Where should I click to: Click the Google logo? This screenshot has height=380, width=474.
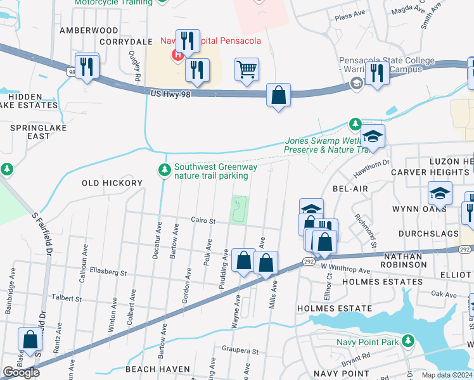pos(21,372)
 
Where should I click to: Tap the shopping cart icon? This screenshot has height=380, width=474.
pos(247,69)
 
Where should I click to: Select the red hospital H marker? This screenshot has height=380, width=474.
pos(177,55)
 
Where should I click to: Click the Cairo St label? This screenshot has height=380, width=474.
pos(204,221)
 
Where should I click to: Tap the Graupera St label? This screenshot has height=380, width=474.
pos(240,350)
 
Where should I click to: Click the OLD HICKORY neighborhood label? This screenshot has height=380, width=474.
pos(112,183)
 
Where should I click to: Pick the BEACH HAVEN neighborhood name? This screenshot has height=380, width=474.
pos(157,369)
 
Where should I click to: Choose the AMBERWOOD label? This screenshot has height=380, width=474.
pos(89,30)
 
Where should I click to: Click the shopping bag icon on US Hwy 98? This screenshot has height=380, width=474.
pos(278,96)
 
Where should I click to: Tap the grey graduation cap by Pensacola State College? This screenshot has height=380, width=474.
pos(357,84)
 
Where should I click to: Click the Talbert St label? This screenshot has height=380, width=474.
pos(67,298)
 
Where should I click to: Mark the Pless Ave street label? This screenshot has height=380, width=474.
pos(352,17)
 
